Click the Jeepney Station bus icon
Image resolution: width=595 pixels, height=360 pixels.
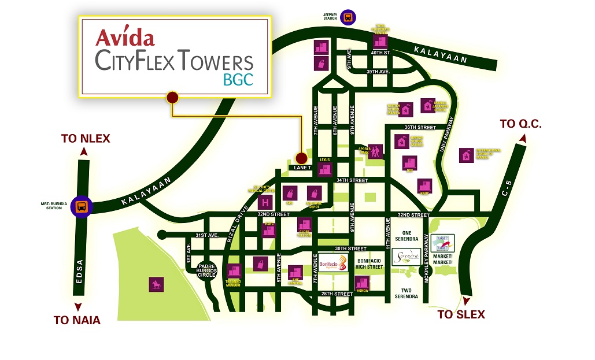click(349, 17)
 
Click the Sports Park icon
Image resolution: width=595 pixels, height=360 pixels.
click(375, 152)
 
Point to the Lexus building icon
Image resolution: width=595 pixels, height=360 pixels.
click(325, 169)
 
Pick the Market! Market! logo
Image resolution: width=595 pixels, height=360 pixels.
click(446, 242)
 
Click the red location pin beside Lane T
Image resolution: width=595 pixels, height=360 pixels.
click(301, 158)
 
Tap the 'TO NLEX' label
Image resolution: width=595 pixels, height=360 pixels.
click(86, 139)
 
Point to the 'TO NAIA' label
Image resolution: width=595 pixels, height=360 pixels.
click(77, 320)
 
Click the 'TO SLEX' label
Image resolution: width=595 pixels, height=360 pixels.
click(461, 315)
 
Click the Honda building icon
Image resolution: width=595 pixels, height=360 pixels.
click(362, 284)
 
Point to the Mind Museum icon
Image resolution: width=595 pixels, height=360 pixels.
click(234, 271)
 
